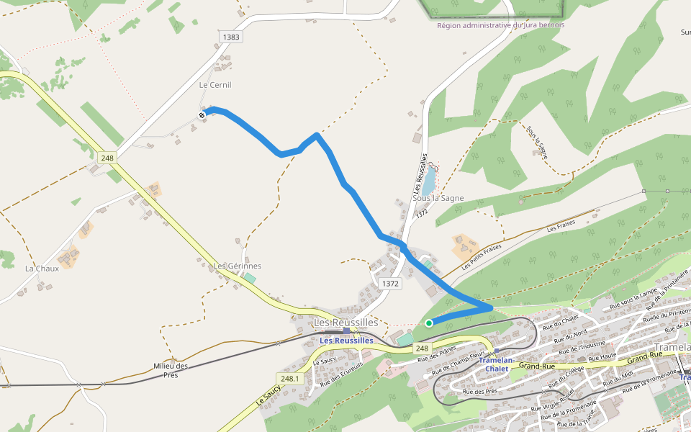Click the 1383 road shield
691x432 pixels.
(x=232, y=37)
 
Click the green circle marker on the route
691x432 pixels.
(x=429, y=323)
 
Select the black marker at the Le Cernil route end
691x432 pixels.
(x=202, y=114)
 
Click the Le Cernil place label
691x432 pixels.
(x=215, y=85)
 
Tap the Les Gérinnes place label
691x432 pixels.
(x=238, y=266)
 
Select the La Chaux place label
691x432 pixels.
(x=42, y=269)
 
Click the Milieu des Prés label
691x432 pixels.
(x=171, y=370)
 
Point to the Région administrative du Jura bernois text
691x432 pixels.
(x=501, y=25)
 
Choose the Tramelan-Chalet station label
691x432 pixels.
(x=497, y=364)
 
